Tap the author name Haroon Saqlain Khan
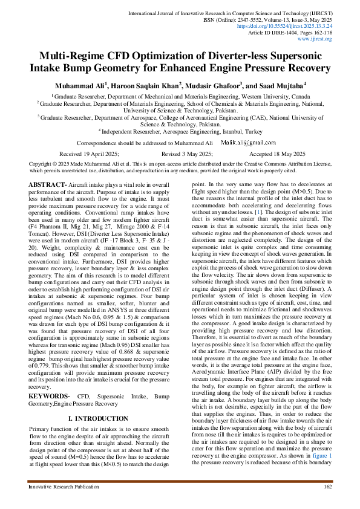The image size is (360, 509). click(x=149, y=85)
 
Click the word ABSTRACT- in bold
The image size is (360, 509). click(x=48, y=184)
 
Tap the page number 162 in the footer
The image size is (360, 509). click(x=328, y=486)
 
